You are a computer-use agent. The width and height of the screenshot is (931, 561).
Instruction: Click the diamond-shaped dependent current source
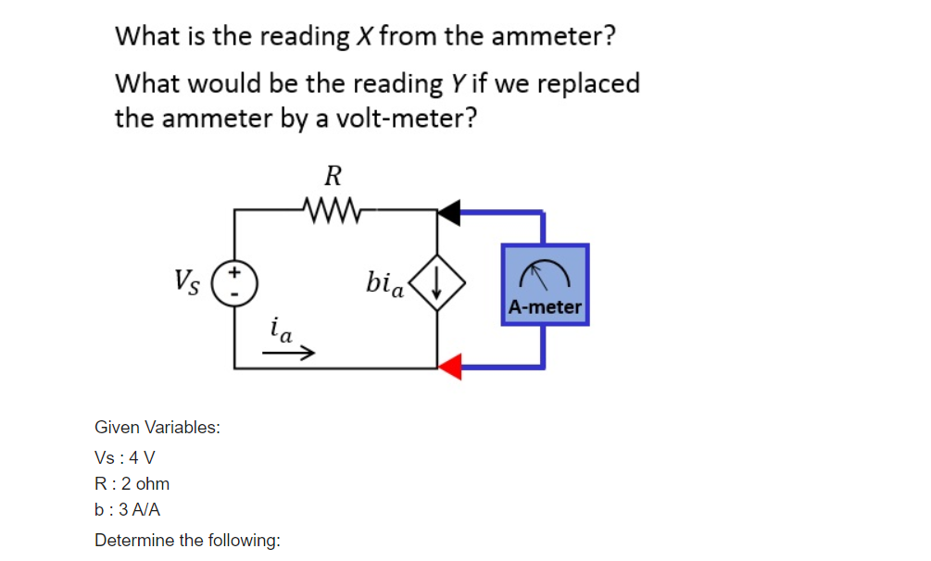[437, 286]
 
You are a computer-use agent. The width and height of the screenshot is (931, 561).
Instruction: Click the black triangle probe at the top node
[449, 211]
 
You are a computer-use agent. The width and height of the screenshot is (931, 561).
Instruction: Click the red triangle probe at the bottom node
[449, 367]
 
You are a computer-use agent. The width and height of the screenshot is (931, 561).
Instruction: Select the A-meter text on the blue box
[545, 307]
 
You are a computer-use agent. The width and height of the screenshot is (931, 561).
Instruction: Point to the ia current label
[280, 330]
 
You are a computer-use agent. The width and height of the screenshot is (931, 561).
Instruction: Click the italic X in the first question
[364, 37]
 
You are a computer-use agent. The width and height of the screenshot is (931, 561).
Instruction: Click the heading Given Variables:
[157, 428]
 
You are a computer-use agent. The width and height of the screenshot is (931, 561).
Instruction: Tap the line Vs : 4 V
[125, 458]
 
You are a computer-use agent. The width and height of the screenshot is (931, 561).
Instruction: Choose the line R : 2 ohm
[132, 484]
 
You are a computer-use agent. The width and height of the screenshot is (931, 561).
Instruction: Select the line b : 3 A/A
[128, 510]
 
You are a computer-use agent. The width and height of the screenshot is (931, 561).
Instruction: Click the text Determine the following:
[188, 540]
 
